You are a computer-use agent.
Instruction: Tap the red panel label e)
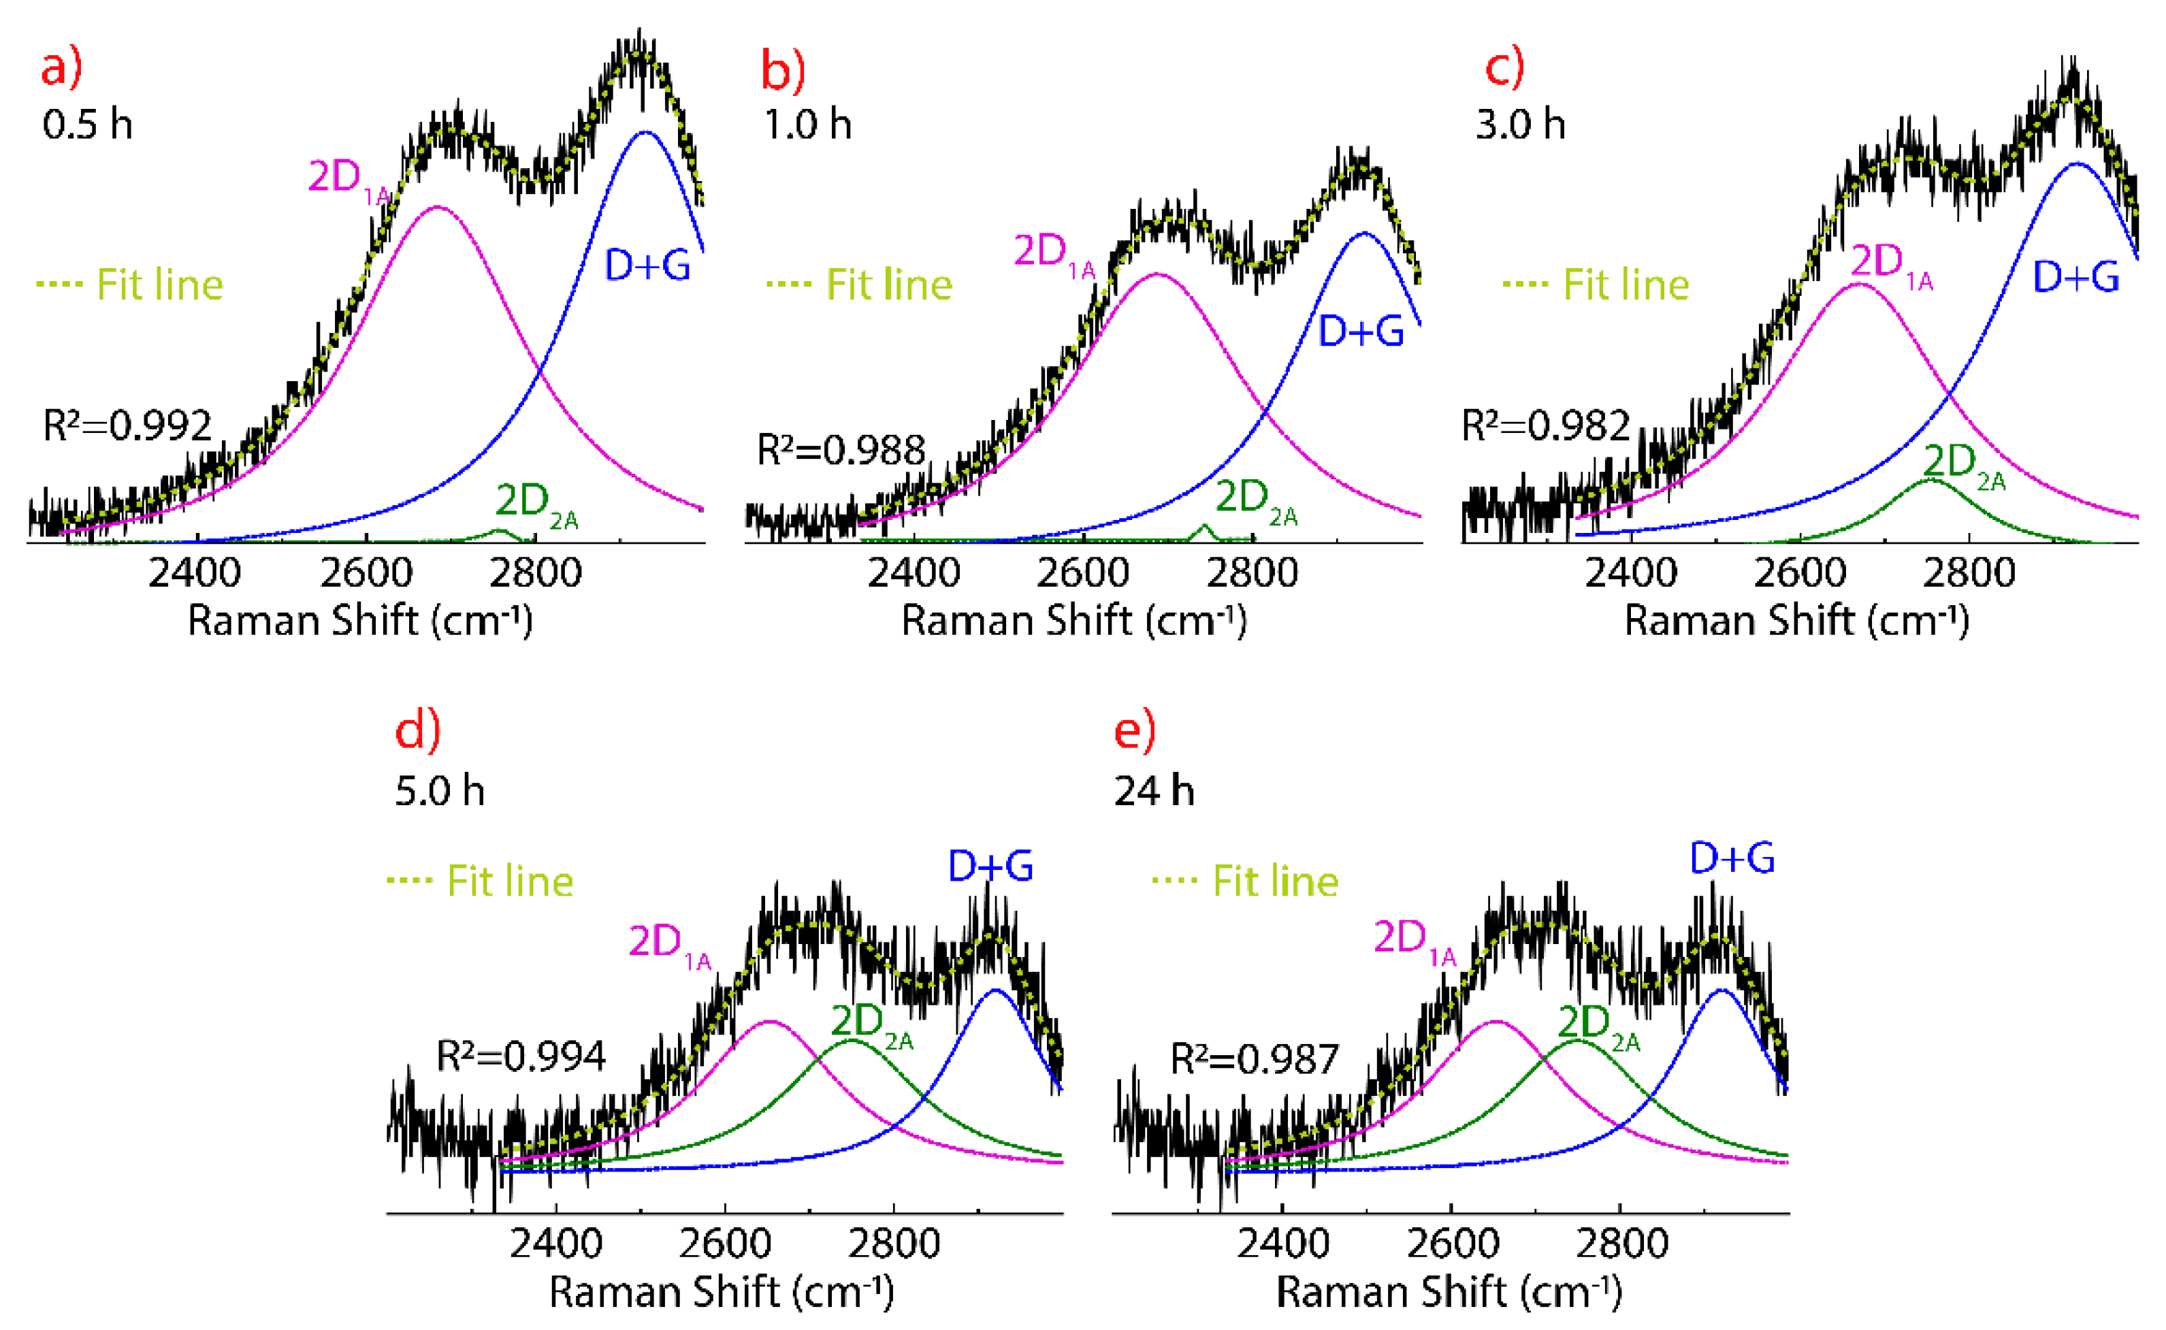(x=1135, y=731)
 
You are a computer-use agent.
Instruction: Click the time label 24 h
(x=1153, y=791)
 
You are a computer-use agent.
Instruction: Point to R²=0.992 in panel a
(x=127, y=425)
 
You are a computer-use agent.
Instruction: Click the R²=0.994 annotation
(x=521, y=1056)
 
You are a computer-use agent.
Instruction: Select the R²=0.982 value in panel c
(x=1545, y=425)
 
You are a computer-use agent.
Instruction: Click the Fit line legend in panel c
(x=1596, y=284)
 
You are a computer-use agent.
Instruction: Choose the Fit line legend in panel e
(x=1245, y=881)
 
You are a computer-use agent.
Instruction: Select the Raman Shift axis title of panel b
(x=1073, y=621)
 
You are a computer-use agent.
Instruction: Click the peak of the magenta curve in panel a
(x=437, y=208)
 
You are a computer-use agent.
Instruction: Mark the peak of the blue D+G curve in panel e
(x=1720, y=990)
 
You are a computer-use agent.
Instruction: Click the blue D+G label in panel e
(x=1732, y=858)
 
